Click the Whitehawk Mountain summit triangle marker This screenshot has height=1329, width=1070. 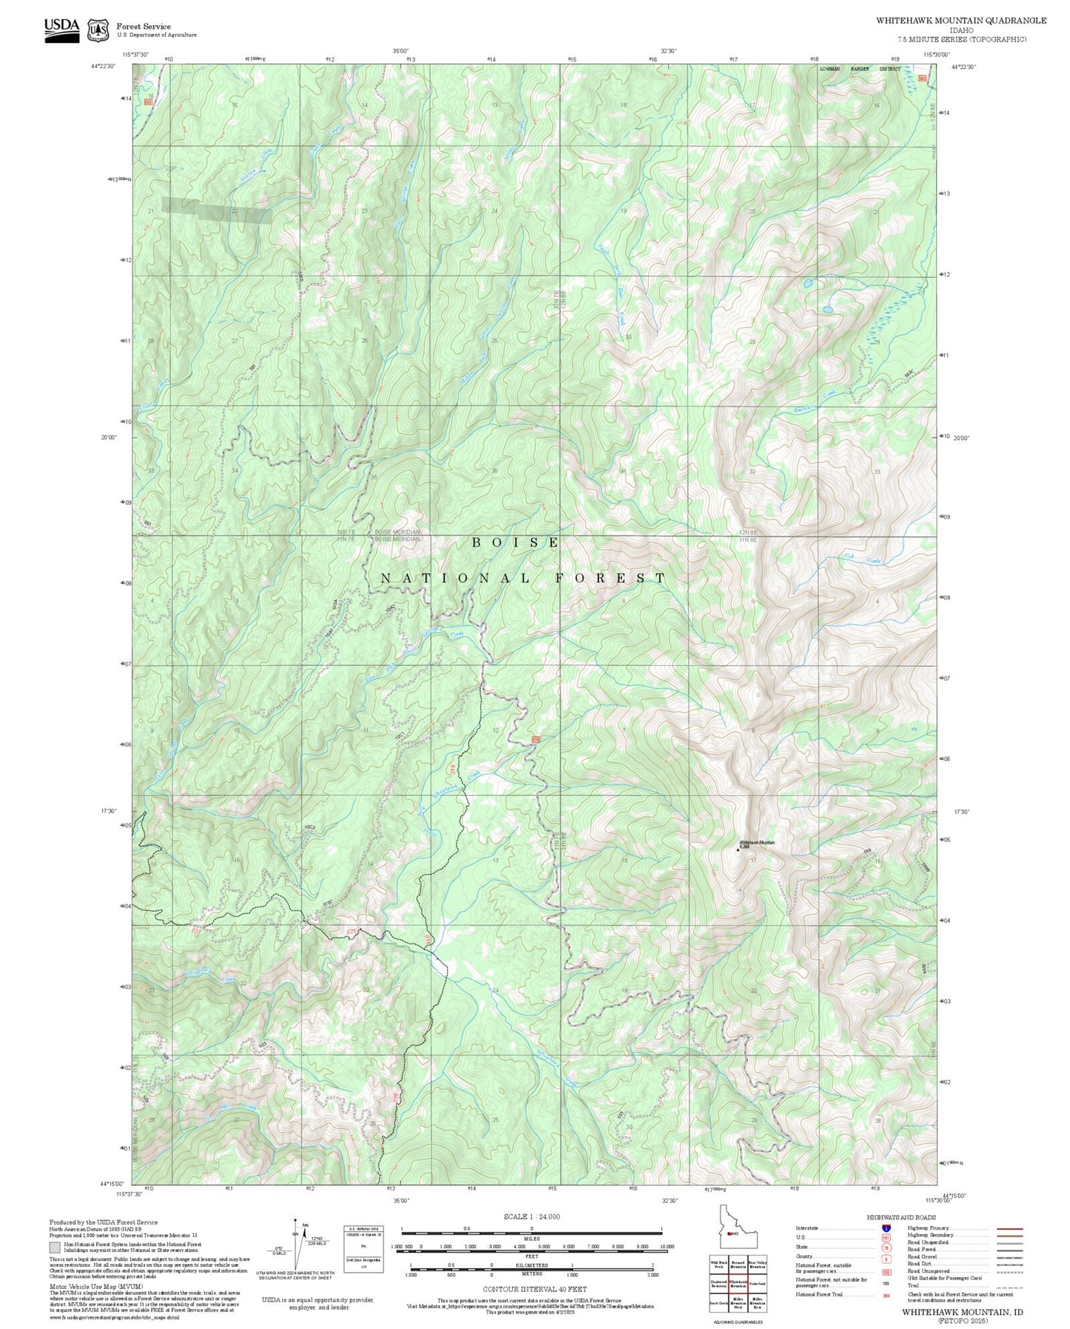[x=738, y=850]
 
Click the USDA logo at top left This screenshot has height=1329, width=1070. [x=61, y=30]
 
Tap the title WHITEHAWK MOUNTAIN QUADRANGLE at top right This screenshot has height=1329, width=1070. [x=961, y=21]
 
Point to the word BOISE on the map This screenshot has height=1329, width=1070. [x=516, y=543]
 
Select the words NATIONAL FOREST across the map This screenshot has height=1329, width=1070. [x=524, y=578]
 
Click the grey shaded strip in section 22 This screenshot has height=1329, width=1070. [x=217, y=211]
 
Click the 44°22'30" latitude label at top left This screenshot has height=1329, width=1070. [x=104, y=67]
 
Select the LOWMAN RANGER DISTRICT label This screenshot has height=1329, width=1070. [x=860, y=69]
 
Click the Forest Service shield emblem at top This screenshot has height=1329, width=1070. [x=98, y=30]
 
